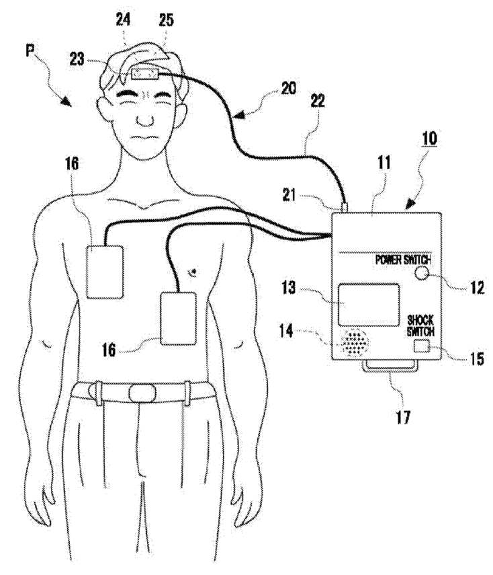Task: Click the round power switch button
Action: [x=422, y=273]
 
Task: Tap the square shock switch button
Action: [x=421, y=346]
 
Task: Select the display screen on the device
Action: [x=369, y=305]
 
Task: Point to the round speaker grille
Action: [x=353, y=343]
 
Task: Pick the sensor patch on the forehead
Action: [x=145, y=74]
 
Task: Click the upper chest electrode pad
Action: [x=104, y=272]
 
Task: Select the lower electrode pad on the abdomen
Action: [x=179, y=318]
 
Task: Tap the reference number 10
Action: [x=429, y=139]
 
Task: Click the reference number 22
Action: [x=317, y=100]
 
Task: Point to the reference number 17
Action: [x=403, y=417]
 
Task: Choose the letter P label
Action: [x=30, y=50]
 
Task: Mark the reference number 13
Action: [x=289, y=287]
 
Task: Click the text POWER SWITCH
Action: [x=403, y=260]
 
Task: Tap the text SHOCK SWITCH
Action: [x=420, y=325]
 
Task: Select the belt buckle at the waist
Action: [x=142, y=393]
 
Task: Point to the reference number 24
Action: [x=123, y=20]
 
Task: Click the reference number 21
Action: [x=289, y=195]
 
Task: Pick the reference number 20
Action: [x=288, y=88]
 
